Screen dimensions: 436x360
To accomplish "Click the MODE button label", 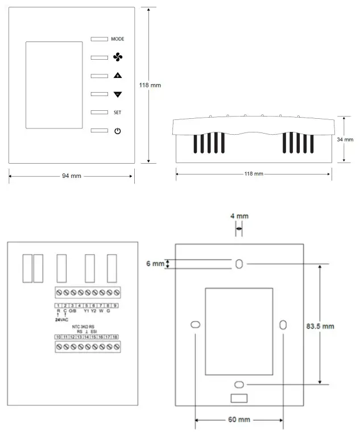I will pos(118,39).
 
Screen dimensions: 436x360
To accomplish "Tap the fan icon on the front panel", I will pos(118,57).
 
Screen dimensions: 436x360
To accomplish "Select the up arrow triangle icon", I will pos(118,76).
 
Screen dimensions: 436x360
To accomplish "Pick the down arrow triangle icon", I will pos(118,94).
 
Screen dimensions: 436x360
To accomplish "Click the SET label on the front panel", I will pos(117,113).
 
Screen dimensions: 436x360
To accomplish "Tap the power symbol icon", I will pos(118,131).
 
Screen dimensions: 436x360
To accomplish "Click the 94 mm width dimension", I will pos(71,176).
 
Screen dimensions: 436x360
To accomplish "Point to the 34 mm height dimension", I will pos(345,139).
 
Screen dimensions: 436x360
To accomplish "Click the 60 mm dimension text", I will pos(239,420).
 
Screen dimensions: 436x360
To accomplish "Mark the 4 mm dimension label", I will pos(239,217).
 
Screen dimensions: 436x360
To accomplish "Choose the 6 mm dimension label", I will pos(154,264).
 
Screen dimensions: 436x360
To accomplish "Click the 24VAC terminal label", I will pos(61,319).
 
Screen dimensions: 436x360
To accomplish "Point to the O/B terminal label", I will pos(73,312).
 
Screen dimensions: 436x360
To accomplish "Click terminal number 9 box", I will pos(115,306).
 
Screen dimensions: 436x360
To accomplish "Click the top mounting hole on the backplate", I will pos(239,264).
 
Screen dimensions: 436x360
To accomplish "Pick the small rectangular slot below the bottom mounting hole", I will pos(239,398).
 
